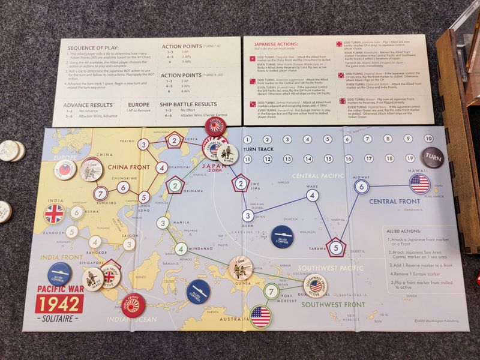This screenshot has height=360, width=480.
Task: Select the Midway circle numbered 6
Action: coord(361,187)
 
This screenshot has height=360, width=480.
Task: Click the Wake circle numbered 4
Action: coord(311,194)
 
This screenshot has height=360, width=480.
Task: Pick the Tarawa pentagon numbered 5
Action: coord(337,247)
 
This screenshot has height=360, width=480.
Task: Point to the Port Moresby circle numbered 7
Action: coord(272,292)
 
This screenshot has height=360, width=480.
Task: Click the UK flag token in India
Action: coord(55,213)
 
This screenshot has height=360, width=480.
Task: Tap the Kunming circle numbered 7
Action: coord(101,194)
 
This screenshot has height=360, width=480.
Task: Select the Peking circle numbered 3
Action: coord(144,144)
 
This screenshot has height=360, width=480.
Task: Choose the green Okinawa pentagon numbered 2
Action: coord(174,186)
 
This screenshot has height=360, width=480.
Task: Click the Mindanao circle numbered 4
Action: coord(180,249)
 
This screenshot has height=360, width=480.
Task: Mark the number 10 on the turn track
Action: coord(428,139)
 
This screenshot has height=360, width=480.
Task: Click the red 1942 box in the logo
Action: coord(59,304)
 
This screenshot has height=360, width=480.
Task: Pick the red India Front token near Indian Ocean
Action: coord(133,305)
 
